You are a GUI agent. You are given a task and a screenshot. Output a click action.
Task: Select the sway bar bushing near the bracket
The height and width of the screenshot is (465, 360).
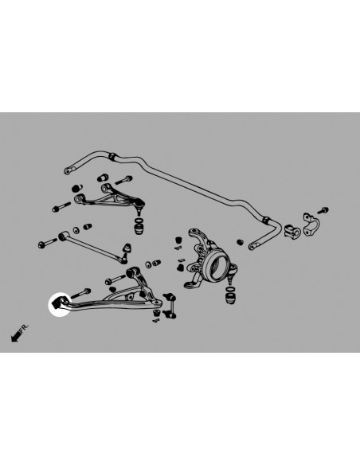point(290,230)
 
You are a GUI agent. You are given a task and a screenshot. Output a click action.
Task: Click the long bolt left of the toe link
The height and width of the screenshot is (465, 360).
point(44,242)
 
